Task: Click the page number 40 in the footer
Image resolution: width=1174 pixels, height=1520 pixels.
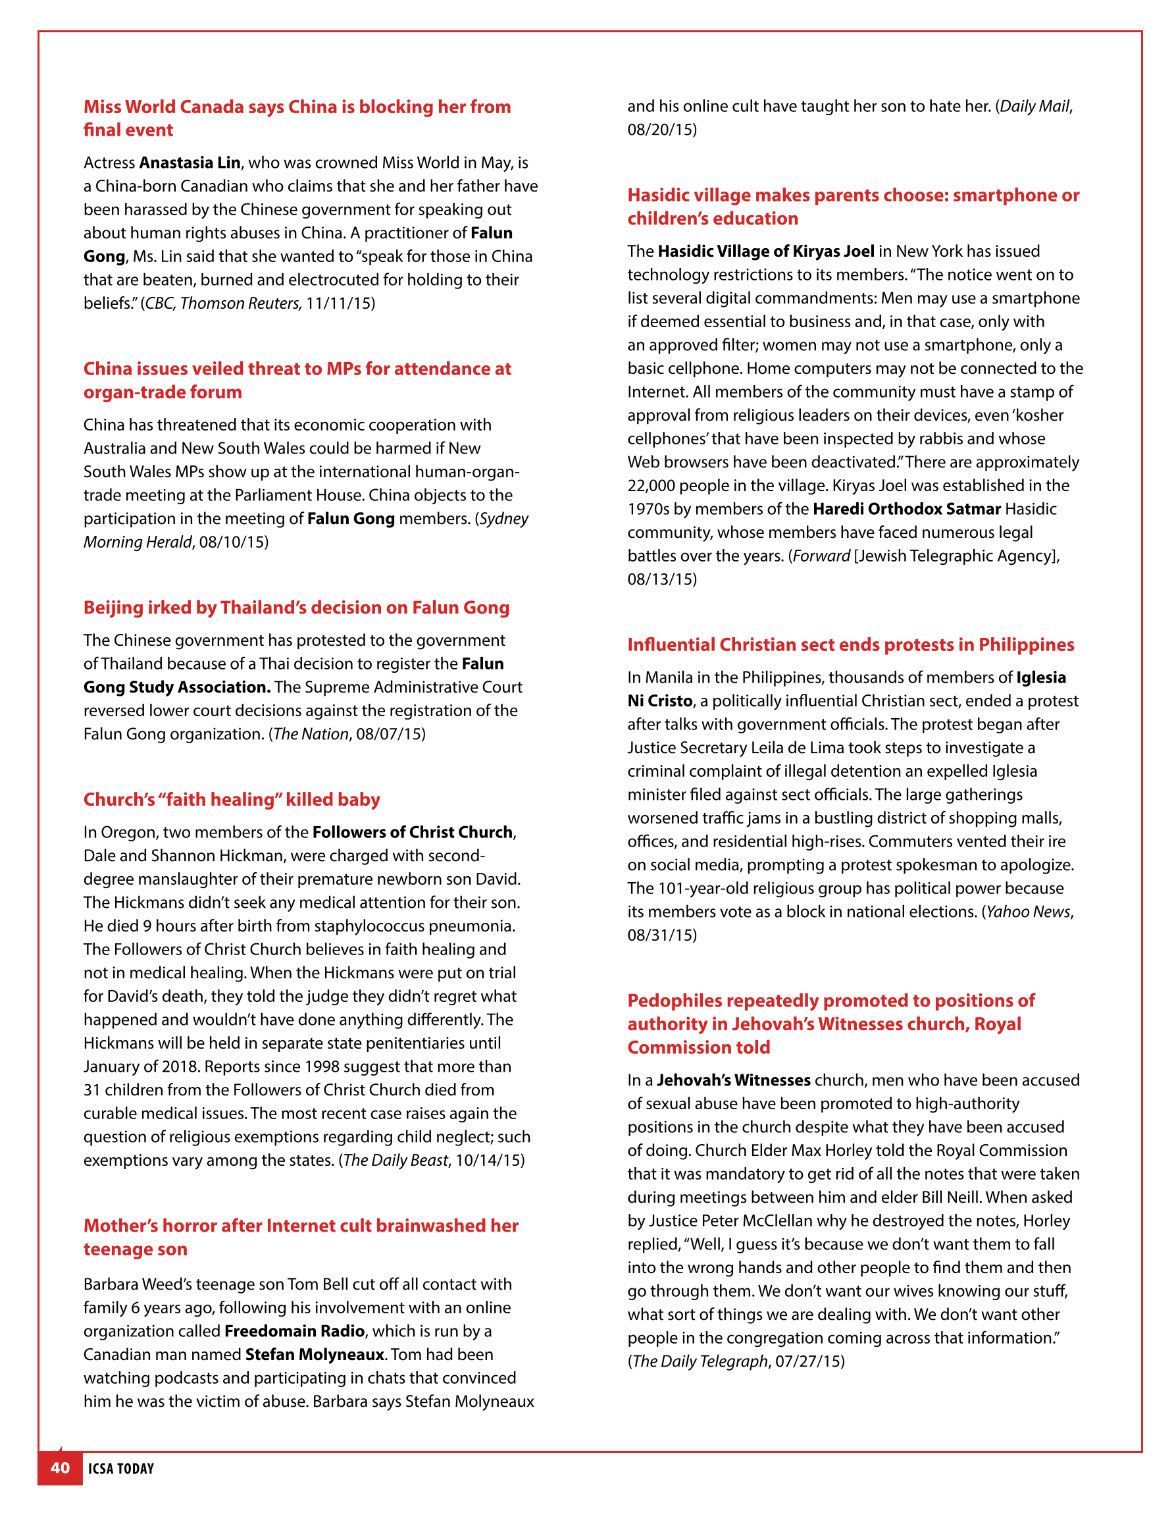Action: tap(60, 1468)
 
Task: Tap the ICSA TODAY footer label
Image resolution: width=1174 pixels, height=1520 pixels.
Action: tap(121, 1469)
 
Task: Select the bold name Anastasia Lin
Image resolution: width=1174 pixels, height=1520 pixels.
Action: tap(190, 163)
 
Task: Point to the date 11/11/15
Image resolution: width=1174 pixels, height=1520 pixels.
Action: tap(340, 303)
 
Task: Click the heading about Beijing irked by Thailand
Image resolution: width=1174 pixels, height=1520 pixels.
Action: tap(296, 608)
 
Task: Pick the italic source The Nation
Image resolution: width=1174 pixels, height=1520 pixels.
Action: tap(311, 734)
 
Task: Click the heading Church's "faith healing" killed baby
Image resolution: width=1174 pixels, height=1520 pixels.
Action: tap(232, 800)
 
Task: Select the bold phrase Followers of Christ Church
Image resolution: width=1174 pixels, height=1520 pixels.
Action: tap(412, 832)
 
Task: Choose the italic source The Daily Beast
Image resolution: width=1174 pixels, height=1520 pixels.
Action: tap(396, 1160)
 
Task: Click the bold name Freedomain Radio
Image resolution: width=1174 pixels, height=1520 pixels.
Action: tap(294, 1331)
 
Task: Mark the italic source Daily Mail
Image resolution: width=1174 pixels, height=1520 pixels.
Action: tap(1034, 107)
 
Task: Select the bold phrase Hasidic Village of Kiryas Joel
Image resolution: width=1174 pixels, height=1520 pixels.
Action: tap(765, 251)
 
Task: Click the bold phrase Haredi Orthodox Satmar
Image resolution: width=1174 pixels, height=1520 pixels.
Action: tap(907, 510)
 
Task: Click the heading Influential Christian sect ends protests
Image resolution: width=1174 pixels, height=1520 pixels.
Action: tap(850, 645)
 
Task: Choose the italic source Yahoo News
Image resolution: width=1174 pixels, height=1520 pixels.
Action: tap(1028, 912)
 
